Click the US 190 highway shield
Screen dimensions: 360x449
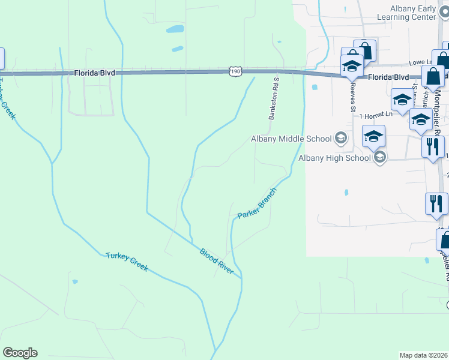click(x=235, y=72)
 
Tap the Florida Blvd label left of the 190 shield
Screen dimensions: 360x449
click(x=94, y=72)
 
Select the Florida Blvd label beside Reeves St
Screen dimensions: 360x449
click(x=388, y=77)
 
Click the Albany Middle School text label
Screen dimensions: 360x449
click(x=291, y=139)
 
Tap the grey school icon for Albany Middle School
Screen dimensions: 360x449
click(x=341, y=139)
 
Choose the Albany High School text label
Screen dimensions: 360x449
click(x=334, y=158)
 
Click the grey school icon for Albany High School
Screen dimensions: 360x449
click(x=379, y=158)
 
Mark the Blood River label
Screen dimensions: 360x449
click(x=217, y=261)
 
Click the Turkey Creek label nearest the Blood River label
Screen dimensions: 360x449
click(x=127, y=262)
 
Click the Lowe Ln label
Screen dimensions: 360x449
click(x=420, y=62)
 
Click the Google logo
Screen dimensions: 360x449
click(x=20, y=353)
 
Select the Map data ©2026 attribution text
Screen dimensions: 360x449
click(x=423, y=355)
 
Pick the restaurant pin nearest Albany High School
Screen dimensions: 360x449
click(x=432, y=147)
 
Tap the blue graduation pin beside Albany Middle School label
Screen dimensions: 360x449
click(x=373, y=137)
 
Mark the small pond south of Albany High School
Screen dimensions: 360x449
click(x=346, y=193)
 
